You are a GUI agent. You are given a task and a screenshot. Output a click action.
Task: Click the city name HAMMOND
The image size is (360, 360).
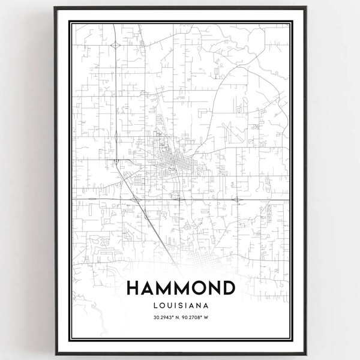point(180,289)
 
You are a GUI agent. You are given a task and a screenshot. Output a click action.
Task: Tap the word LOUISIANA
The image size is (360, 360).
point(180,306)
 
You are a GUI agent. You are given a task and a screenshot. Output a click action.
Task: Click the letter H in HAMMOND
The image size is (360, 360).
point(133,289)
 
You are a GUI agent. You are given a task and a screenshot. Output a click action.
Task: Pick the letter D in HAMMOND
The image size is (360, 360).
point(227,289)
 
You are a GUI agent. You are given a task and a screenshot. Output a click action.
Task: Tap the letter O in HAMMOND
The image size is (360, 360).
point(193,289)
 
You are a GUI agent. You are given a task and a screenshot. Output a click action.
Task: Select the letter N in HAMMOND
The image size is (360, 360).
point(210,289)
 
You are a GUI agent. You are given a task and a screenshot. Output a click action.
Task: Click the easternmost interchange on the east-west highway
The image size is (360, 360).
point(237,199)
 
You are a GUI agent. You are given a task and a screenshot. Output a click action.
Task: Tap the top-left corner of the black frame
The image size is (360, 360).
point(55,8)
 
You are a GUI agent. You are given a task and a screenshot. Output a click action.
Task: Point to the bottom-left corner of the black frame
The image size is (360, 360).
point(55,352)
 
